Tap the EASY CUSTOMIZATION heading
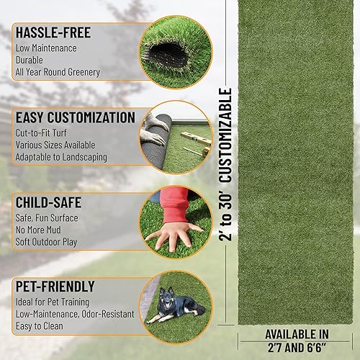(x=74, y=117)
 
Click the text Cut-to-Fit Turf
(x=45, y=132)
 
